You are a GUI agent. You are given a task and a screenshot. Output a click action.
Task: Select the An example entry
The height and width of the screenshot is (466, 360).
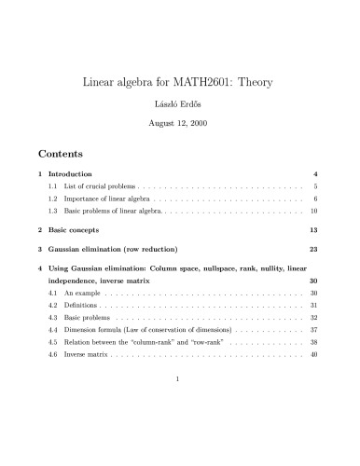pyautogui.click(x=85, y=319)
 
